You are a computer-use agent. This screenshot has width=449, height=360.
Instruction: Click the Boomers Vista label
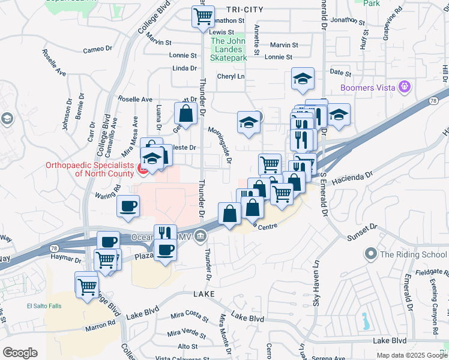coord(367,88)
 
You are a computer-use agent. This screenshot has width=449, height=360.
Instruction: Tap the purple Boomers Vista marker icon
coord(405,88)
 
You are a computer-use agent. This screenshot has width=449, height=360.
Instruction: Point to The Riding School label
coord(413,254)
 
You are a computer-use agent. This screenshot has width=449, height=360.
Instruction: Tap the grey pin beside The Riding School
coord(370,254)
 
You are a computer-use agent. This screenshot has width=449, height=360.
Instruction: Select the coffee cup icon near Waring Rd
coord(128,206)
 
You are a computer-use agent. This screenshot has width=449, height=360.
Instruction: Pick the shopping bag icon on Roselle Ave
coord(186,112)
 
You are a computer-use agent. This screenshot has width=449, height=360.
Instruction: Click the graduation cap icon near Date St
coord(303,78)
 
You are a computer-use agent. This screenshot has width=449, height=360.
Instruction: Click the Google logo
coord(20,353)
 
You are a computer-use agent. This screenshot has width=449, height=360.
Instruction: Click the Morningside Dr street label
coord(220,145)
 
